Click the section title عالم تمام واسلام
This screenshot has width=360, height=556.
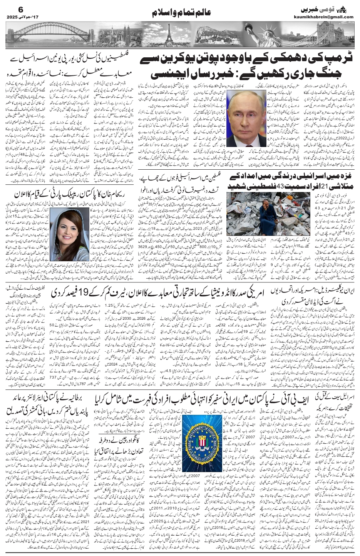(x=180, y=12)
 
